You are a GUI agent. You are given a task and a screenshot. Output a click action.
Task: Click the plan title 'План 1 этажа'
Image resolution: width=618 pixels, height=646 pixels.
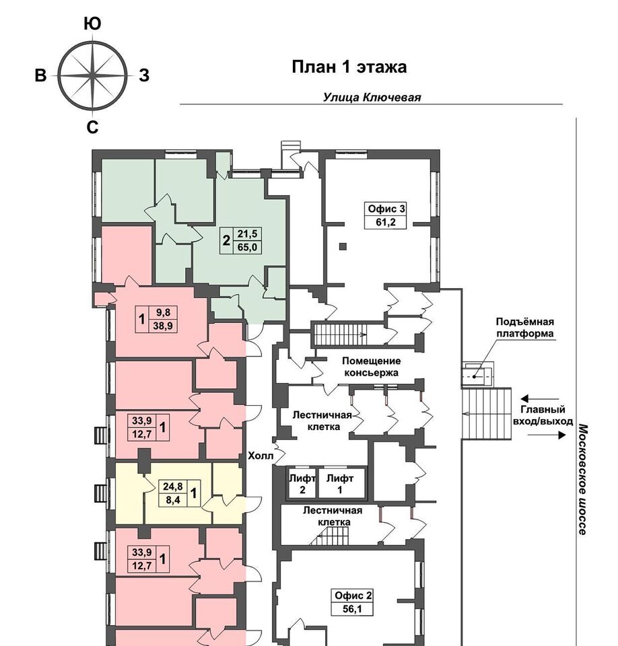click(x=349, y=67)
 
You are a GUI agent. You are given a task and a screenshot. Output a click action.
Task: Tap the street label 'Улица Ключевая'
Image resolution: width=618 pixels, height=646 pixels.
click(x=372, y=98)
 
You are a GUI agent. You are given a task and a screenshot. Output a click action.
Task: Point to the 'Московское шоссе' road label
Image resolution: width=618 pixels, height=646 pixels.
click(x=582, y=479)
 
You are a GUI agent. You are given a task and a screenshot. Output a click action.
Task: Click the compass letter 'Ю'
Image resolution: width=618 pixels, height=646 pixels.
click(x=92, y=24)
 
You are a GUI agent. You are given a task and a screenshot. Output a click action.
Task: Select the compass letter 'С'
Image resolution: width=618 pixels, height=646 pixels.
click(x=92, y=127)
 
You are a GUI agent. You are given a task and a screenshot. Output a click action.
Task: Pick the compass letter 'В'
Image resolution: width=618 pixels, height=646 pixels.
click(x=40, y=76)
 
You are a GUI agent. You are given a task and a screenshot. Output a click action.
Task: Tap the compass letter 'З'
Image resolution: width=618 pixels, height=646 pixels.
click(x=144, y=76)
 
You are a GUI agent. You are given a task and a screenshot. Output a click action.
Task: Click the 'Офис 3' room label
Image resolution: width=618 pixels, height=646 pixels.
click(x=386, y=209)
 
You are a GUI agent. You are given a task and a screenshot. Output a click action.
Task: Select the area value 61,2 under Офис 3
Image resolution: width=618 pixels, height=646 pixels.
click(x=386, y=223)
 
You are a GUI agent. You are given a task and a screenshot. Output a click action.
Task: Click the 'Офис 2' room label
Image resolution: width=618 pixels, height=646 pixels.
click(x=353, y=596)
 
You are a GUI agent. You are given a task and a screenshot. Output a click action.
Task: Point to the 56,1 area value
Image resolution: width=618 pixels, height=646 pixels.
click(x=352, y=608)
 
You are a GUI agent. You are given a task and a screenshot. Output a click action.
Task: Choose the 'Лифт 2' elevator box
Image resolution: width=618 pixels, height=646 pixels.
click(x=302, y=483)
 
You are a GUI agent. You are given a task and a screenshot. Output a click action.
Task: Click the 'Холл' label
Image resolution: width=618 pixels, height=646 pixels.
click(x=260, y=456)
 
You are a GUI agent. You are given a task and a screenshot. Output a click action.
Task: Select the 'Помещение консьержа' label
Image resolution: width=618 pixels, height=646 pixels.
click(x=371, y=367)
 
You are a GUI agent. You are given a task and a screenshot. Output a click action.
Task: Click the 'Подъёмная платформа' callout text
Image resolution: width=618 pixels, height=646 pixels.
click(x=525, y=328)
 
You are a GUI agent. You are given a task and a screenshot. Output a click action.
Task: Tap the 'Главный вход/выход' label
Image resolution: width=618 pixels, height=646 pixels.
click(x=543, y=415)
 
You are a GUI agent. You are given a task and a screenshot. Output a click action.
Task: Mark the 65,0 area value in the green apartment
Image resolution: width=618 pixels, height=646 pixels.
click(x=247, y=247)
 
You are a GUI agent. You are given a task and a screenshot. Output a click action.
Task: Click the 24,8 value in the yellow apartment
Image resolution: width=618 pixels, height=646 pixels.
click(x=173, y=487)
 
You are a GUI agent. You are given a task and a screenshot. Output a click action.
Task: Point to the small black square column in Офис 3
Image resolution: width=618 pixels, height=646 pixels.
click(x=343, y=246)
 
